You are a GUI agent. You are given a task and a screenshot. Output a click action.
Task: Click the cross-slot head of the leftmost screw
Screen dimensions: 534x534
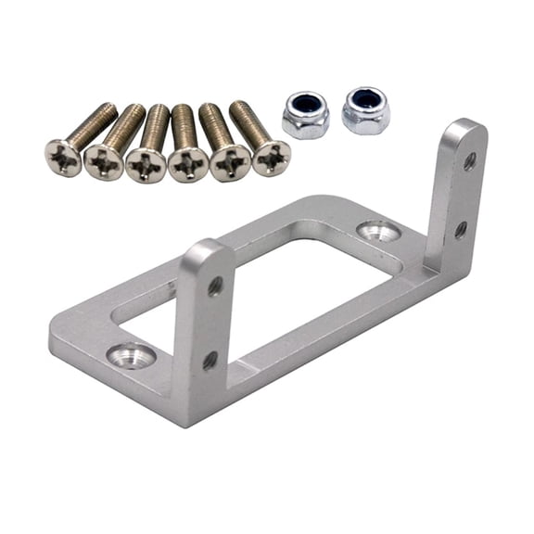64,158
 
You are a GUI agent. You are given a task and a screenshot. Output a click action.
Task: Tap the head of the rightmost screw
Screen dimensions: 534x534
271,158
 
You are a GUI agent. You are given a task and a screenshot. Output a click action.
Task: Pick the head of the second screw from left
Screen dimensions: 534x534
104,162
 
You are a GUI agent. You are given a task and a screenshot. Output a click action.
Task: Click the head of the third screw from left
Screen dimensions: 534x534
146,165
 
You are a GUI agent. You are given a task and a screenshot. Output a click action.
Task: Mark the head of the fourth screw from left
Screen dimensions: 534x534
188,164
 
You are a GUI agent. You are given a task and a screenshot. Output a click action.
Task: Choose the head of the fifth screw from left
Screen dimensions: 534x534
230,162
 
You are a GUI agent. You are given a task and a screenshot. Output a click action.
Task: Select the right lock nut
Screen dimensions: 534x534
365,111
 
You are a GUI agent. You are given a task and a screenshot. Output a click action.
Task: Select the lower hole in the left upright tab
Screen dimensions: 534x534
210,360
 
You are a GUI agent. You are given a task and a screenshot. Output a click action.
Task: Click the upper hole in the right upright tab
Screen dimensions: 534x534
470,161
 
